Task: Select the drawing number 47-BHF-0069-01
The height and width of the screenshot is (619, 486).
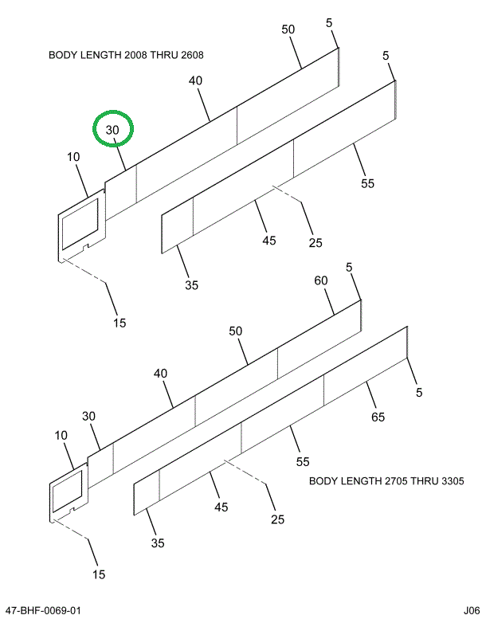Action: pyautogui.click(x=42, y=610)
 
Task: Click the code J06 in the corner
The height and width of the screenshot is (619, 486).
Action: pyautogui.click(x=468, y=610)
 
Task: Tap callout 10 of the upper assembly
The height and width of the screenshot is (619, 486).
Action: pyautogui.click(x=73, y=158)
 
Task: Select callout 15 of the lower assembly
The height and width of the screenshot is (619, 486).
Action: pyautogui.click(x=99, y=574)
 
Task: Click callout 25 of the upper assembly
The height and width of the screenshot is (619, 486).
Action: pyautogui.click(x=316, y=241)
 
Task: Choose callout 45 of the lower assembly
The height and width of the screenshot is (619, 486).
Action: pyautogui.click(x=221, y=507)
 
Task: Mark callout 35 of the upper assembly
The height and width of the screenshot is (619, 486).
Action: pyautogui.click(x=191, y=285)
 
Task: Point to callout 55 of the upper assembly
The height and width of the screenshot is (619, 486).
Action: pyautogui.click(x=366, y=183)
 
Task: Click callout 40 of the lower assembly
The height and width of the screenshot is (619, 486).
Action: pyautogui.click(x=161, y=373)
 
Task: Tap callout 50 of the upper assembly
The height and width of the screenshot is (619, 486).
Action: pyautogui.click(x=288, y=29)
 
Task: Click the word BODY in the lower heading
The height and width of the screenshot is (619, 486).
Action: pyautogui.click(x=323, y=481)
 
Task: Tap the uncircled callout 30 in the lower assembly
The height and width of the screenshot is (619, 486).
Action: pyautogui.click(x=88, y=416)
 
